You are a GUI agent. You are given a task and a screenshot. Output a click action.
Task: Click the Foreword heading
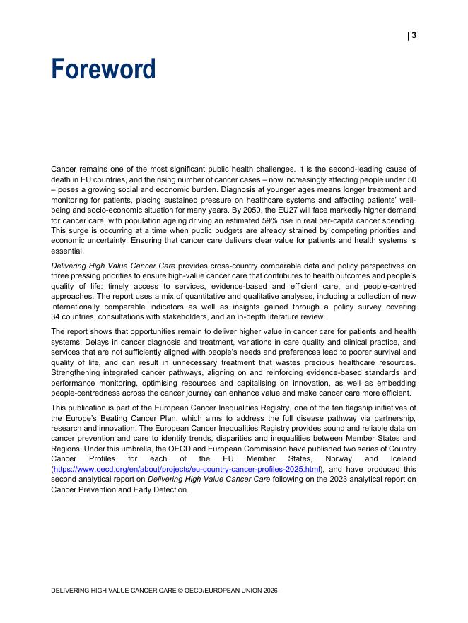(103, 70)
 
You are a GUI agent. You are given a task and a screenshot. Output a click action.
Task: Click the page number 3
(414, 35)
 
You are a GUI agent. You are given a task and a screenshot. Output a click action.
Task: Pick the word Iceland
(402, 458)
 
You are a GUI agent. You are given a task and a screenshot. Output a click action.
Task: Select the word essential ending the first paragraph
(67, 251)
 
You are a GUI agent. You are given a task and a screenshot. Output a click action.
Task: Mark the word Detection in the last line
(170, 490)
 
